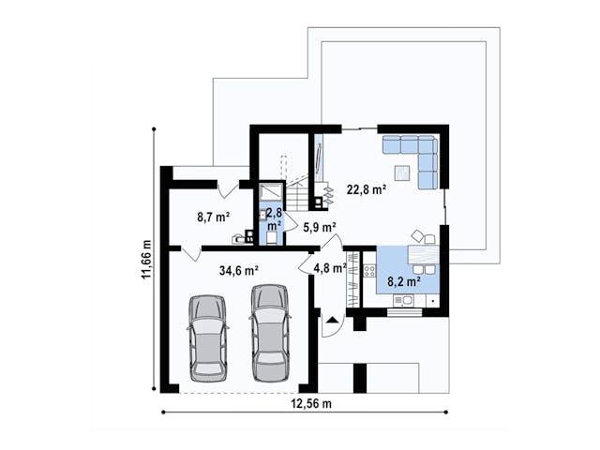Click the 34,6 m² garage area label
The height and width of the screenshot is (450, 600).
pyautogui.click(x=239, y=271)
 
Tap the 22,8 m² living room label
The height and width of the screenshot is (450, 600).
pyautogui.click(x=367, y=189)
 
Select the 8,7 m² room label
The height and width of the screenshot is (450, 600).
pyautogui.click(x=214, y=217)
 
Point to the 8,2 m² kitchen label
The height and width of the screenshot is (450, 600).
pyautogui.click(x=404, y=282)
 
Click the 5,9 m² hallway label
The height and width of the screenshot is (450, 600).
pyautogui.click(x=320, y=227)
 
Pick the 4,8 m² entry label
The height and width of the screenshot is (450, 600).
pyautogui.click(x=330, y=268)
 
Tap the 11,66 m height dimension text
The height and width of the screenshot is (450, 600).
pyautogui.click(x=146, y=260)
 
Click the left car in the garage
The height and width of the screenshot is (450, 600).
pyautogui.click(x=208, y=337)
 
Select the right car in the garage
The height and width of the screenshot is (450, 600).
pyautogui.click(x=271, y=333)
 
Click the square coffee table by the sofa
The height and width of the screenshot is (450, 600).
pyautogui.click(x=402, y=172)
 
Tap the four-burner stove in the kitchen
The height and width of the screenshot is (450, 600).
pyautogui.click(x=369, y=271)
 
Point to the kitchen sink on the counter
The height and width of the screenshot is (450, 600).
pyautogui.click(x=403, y=300)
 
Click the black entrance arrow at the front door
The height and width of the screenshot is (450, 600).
pyautogui.click(x=331, y=319)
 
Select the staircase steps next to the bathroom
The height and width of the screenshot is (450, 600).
pyautogui.click(x=298, y=196)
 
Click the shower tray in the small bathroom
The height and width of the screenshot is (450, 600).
pyautogui.click(x=271, y=191)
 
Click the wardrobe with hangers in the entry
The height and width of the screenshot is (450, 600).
pyautogui.click(x=352, y=279)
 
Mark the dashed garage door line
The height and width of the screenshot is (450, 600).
pyautogui.click(x=239, y=393)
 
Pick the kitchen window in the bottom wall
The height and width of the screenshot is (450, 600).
pyautogui.click(x=404, y=312)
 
